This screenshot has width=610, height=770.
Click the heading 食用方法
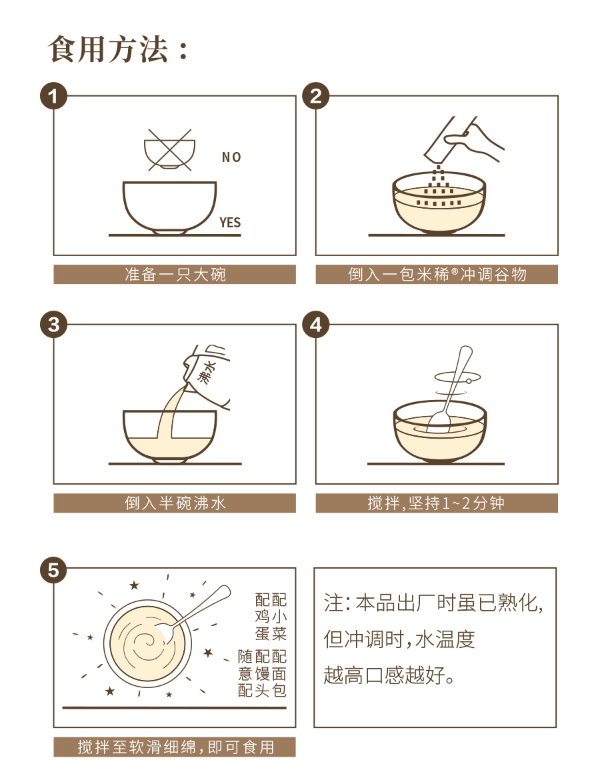coord(107,49)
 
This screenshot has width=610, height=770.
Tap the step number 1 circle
coord(53,96)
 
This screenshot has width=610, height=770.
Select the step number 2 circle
coord(316,96)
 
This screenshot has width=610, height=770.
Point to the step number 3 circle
coord(53,325)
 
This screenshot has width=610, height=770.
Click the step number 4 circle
coord(316,325)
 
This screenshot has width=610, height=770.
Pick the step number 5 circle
coord(53,570)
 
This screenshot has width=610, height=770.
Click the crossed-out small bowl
coord(169,150)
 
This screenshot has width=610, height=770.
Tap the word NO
coord(231,157)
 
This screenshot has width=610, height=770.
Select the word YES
coord(230,223)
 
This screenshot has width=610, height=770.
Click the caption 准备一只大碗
coord(175,274)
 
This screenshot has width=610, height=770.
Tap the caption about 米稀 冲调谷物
coord(437,274)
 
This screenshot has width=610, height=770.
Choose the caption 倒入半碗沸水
coord(175,503)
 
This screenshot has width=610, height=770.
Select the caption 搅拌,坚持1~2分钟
coord(436,503)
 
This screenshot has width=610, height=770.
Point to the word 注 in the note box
coord(333,603)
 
